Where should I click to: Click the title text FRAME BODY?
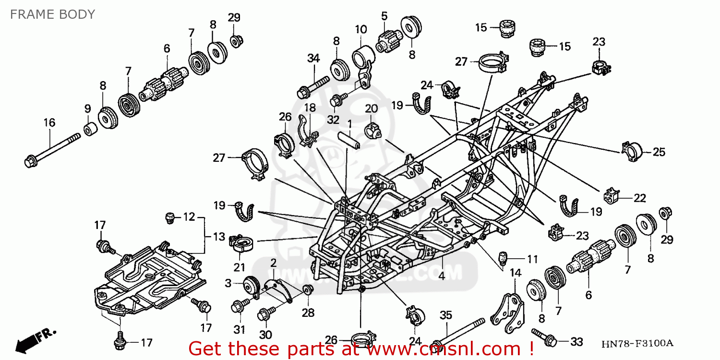point(53,14)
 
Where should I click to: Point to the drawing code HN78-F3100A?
point(637,344)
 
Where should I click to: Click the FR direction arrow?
point(36,339)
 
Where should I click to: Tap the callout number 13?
point(219,236)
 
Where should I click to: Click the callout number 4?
point(441,276)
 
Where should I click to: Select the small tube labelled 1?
point(350,139)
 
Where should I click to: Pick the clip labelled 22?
point(610,195)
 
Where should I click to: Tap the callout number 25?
point(659,152)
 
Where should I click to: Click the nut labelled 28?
point(308,289)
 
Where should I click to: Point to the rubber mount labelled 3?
point(252,287)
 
